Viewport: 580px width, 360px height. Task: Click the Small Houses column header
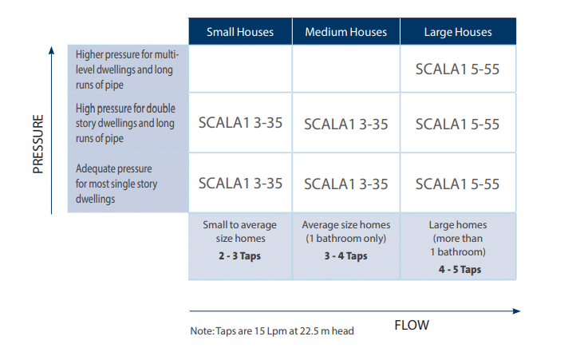tap(240, 32)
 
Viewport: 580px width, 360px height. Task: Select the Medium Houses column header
tap(346, 32)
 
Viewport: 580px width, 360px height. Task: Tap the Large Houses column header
tap(458, 32)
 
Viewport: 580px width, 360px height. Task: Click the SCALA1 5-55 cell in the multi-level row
tap(457, 69)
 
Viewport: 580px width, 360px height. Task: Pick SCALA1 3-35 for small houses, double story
tap(240, 123)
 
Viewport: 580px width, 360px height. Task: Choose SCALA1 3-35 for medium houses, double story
tap(346, 125)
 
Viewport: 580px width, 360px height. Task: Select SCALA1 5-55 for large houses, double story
tap(457, 125)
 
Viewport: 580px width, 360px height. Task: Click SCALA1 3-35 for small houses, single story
tap(240, 184)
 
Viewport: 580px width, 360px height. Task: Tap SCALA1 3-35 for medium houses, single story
tap(346, 184)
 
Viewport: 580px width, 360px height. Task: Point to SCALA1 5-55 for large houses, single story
tap(457, 184)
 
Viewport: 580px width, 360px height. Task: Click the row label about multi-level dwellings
tap(127, 69)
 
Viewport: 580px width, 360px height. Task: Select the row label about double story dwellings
tap(125, 123)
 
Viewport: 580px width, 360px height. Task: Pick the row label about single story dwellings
tap(116, 184)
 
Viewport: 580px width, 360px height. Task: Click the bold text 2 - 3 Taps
tap(239, 256)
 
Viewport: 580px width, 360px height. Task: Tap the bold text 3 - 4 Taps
tap(346, 256)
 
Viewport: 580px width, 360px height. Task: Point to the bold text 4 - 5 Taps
tap(460, 270)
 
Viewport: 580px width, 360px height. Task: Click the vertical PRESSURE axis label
tap(38, 144)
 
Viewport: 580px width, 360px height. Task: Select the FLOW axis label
tap(412, 325)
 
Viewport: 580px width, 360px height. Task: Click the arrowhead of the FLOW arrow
tap(517, 311)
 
